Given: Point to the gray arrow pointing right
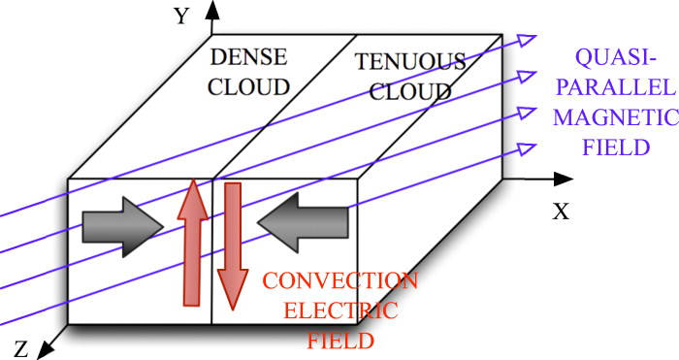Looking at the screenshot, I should point(121,225).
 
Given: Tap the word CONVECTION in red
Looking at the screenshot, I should point(339,282).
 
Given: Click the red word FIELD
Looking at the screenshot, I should point(340,341).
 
